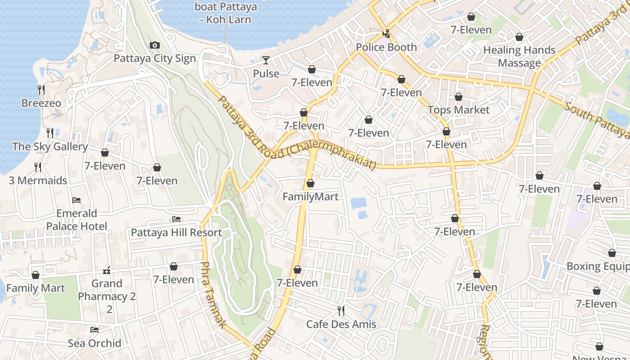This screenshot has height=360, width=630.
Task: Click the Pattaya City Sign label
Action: point(155,58)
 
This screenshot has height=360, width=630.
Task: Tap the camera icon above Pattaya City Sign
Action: point(154,45)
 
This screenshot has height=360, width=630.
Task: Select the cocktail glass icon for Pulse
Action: point(266,60)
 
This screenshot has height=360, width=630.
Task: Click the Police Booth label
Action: point(386,47)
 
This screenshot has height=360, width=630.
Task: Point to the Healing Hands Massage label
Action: point(519,56)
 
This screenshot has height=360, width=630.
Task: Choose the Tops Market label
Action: point(459,110)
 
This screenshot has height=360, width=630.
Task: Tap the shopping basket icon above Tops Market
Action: point(459,97)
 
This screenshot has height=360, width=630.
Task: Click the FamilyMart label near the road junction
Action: point(310,197)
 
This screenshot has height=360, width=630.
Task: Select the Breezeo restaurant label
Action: point(41,103)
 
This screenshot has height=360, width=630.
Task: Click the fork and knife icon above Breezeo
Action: point(41,90)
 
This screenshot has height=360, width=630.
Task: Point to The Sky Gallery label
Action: point(50,146)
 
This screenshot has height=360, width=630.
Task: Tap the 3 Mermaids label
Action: point(38,180)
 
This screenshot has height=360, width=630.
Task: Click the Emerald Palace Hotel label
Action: point(76,220)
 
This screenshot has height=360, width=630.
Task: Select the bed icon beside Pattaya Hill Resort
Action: point(176,219)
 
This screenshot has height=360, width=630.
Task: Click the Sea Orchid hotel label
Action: point(94,343)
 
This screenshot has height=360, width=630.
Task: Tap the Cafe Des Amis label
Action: point(341,324)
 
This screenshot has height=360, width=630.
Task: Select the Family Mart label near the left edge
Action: point(36,288)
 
